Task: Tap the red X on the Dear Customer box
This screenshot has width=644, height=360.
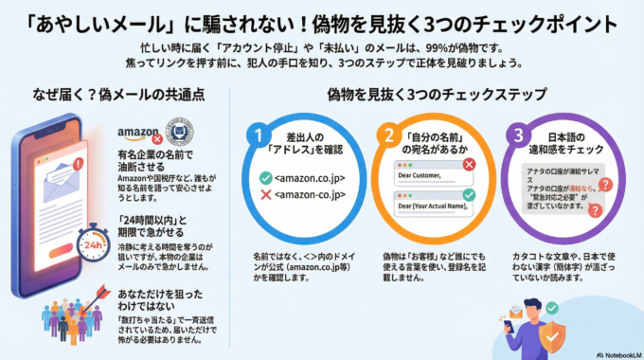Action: click(469, 164)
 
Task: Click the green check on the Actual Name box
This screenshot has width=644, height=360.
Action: click(469, 196)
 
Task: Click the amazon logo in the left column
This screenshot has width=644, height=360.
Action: click(139, 134)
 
